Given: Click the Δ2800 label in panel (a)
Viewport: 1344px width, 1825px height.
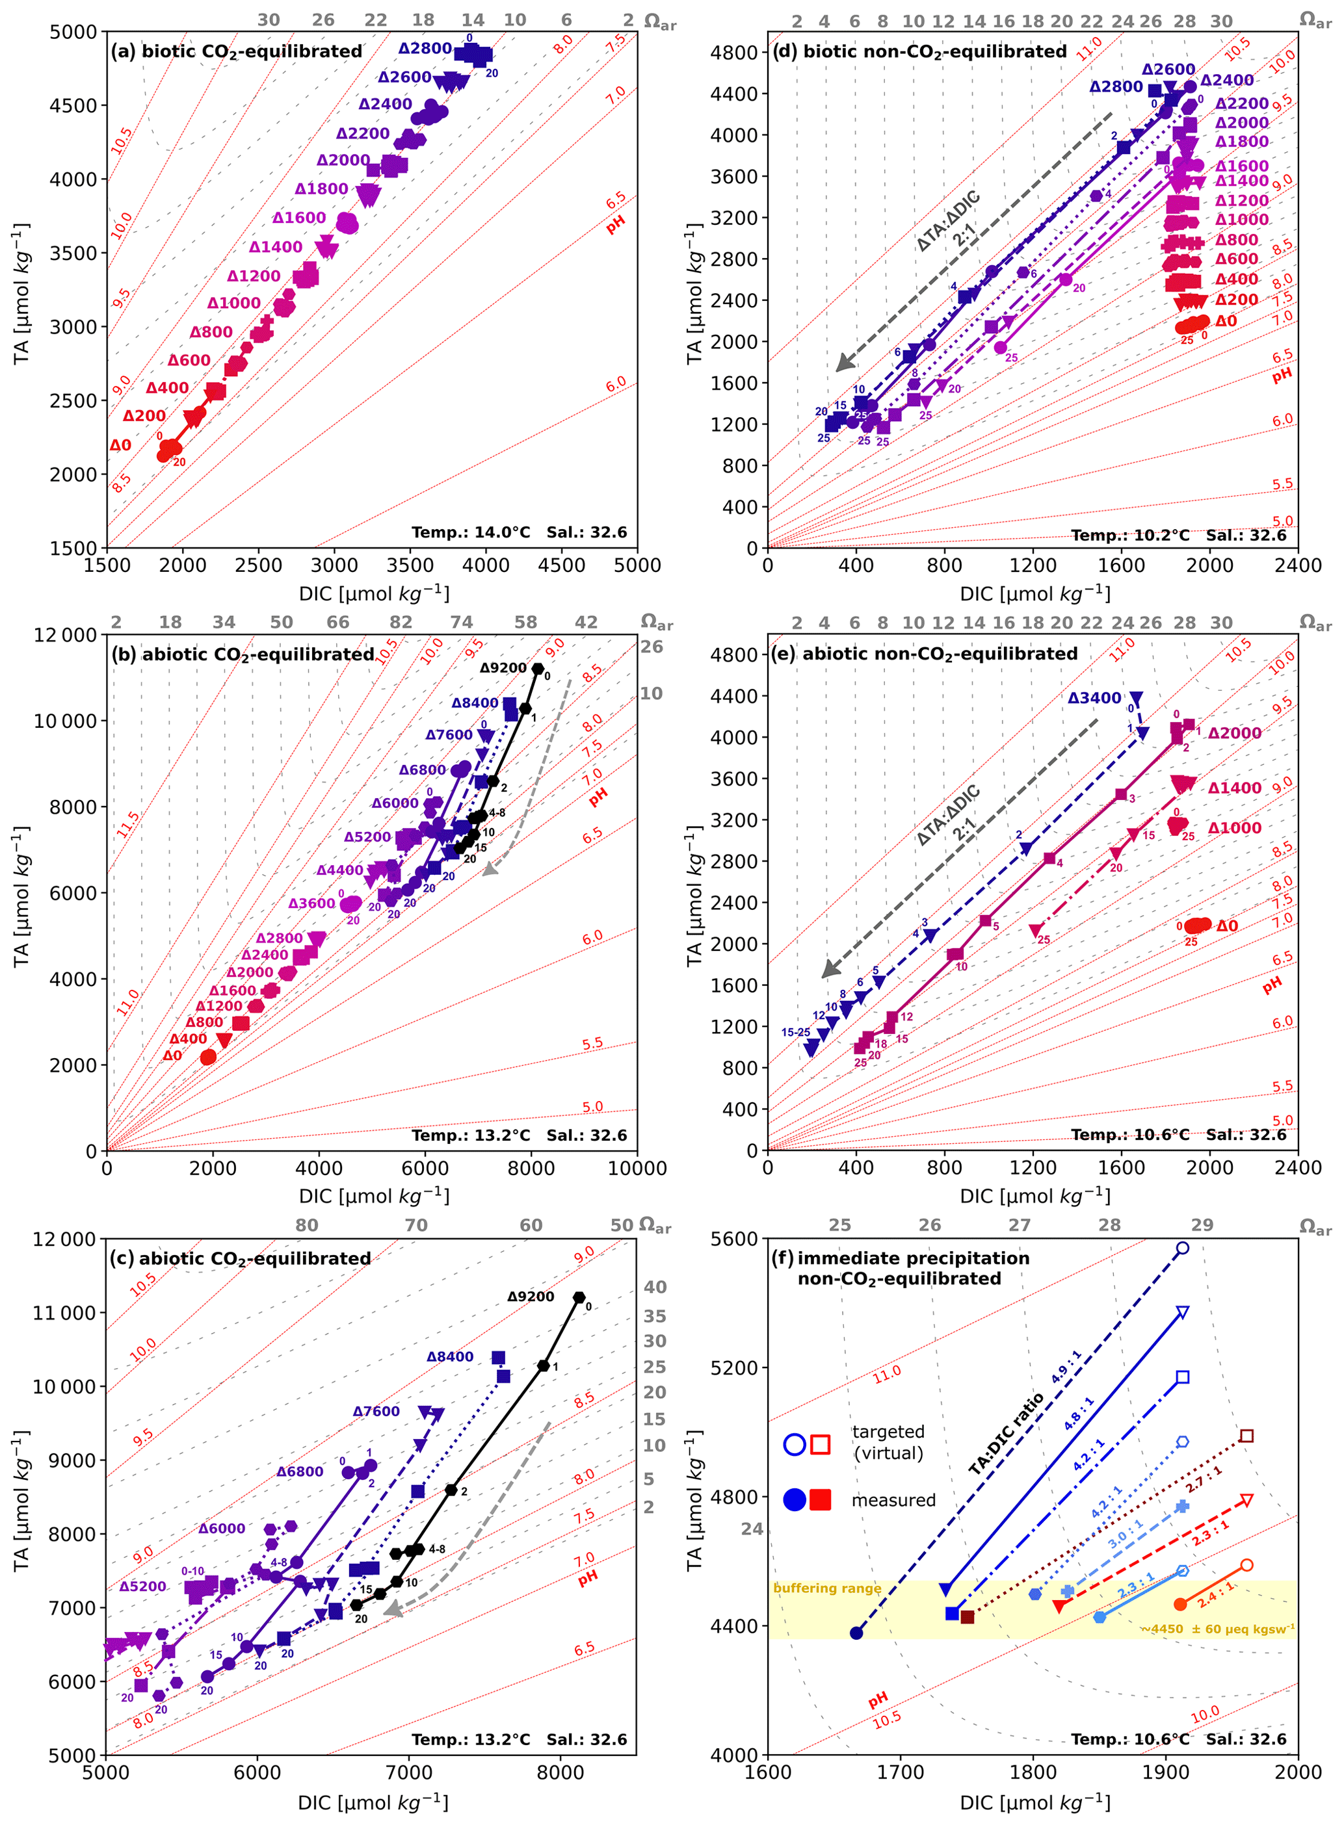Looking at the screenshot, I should click(425, 49).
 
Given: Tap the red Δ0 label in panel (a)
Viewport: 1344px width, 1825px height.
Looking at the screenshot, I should click(120, 446).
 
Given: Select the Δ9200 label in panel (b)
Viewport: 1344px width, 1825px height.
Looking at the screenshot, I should click(503, 667).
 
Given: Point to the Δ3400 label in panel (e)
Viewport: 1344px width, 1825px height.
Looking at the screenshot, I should click(1094, 698).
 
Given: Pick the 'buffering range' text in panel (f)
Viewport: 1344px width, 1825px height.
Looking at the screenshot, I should click(826, 1588).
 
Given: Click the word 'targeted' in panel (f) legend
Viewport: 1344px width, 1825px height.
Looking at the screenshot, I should click(888, 1431).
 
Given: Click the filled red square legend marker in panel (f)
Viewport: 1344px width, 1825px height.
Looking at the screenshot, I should click(821, 1499).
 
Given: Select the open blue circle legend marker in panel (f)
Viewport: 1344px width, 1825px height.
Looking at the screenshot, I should click(795, 1444).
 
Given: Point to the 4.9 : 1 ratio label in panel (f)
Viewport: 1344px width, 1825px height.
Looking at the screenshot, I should click(1066, 1366).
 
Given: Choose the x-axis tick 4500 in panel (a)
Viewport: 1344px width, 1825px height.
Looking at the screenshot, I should click(561, 565).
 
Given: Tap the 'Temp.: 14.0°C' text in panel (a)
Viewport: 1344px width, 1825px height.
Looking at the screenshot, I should click(470, 533).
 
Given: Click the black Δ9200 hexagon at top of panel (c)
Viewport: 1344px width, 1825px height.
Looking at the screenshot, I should click(579, 1298).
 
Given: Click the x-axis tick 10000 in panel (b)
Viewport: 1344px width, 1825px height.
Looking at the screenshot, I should click(637, 1169).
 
